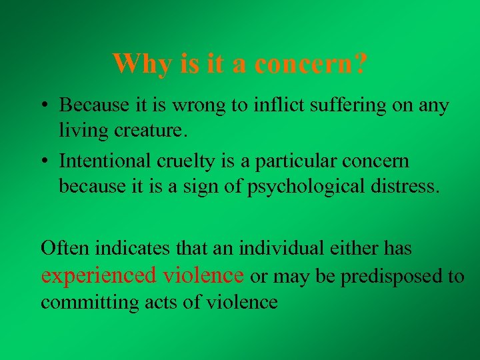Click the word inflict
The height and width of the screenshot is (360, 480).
281,105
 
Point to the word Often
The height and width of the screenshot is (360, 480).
65,249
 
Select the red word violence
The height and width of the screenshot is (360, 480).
202,275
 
